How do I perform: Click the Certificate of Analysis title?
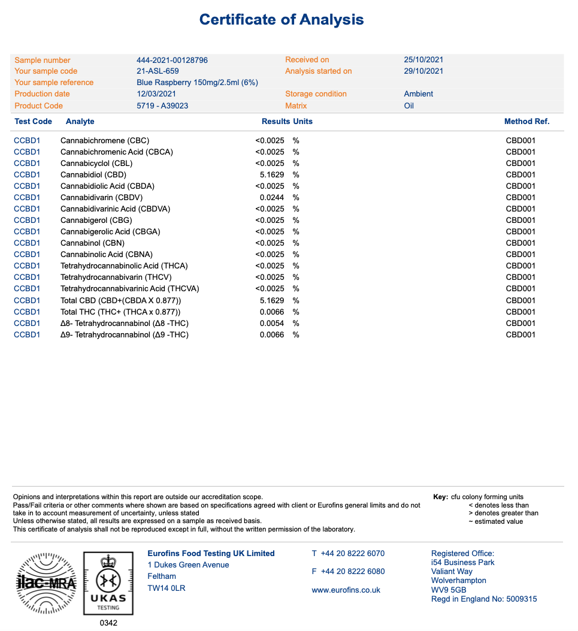(282, 20)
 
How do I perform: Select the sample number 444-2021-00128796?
(172, 61)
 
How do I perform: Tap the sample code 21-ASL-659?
(158, 71)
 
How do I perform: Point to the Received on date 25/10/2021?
(423, 60)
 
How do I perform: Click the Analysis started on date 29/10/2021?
(423, 71)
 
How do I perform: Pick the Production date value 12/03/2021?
(156, 94)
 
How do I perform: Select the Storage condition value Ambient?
(419, 94)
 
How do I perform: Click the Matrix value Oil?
(409, 106)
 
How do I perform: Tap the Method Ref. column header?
(526, 122)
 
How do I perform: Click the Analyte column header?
(80, 122)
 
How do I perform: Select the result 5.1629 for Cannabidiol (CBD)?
(272, 175)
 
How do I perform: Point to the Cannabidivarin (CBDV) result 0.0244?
(272, 198)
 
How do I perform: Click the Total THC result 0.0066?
(272, 312)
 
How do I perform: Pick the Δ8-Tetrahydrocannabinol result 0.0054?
(272, 324)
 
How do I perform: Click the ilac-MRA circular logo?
(46, 582)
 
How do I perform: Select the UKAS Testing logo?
(108, 583)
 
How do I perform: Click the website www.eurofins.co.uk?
(346, 590)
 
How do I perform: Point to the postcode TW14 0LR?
(167, 588)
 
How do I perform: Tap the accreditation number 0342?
(108, 623)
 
